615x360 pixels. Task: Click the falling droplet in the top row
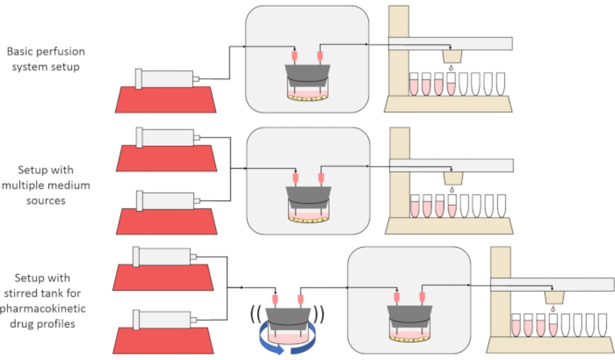pos(450,69)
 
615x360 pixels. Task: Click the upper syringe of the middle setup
pos(166,137)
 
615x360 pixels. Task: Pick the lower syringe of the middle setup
pos(166,200)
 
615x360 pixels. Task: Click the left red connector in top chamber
pos(294,57)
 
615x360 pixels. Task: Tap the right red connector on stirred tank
pos(300,301)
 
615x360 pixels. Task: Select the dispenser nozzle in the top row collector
pos(450,57)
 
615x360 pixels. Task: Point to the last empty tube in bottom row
pos(601,325)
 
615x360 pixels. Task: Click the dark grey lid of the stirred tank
pos(287,317)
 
